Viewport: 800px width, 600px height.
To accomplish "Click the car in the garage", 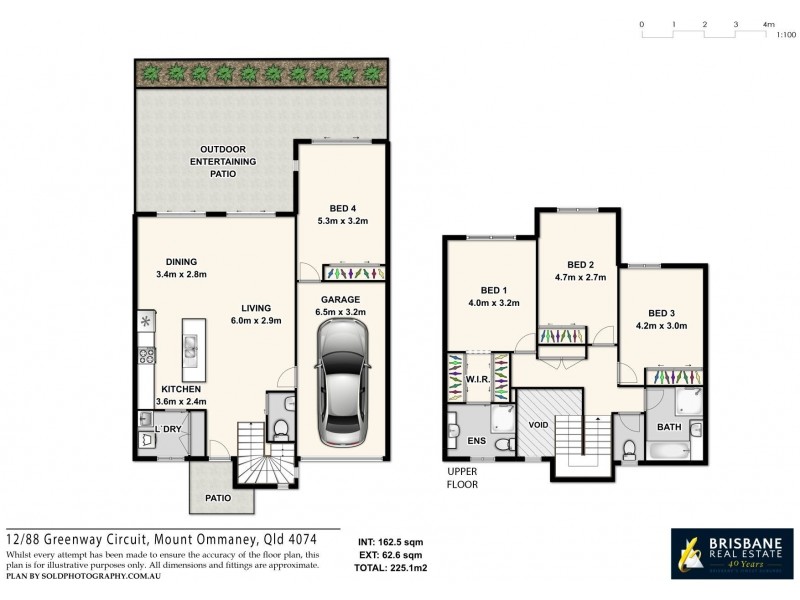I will [x=340, y=389].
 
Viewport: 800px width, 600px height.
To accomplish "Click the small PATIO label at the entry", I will [x=218, y=497].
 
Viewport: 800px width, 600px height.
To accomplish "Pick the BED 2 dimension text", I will [x=582, y=277].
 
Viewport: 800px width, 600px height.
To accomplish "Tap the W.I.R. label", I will [x=477, y=380].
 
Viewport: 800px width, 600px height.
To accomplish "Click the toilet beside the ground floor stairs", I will [x=281, y=429].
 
